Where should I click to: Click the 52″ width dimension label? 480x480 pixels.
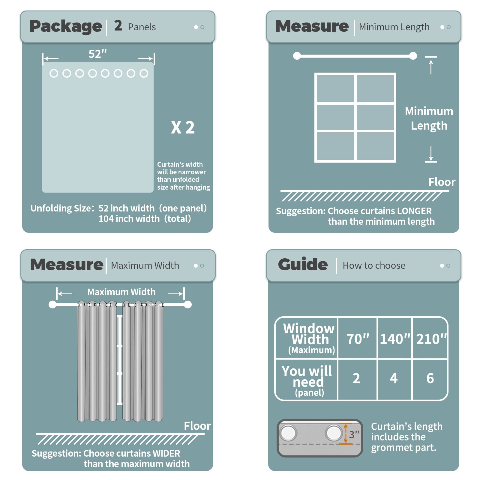pyautogui.click(x=97, y=54)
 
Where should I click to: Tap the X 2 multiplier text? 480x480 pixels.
pyautogui.click(x=183, y=127)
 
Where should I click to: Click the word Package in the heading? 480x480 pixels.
pyautogui.click(x=66, y=27)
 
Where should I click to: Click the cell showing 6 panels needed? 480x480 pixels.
pyautogui.click(x=430, y=378)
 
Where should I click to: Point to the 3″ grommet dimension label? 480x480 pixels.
pyautogui.click(x=354, y=434)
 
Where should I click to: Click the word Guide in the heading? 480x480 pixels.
pyautogui.click(x=303, y=265)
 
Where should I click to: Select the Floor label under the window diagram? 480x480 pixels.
pyautogui.click(x=442, y=182)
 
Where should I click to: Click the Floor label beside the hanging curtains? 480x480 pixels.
pyautogui.click(x=197, y=426)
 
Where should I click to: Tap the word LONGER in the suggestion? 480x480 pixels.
pyautogui.click(x=414, y=211)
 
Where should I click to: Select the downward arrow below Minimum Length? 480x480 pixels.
pyautogui.click(x=431, y=154)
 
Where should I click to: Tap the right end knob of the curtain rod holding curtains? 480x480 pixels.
pyautogui.click(x=188, y=304)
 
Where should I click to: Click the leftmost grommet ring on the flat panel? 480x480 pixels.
pyautogui.click(x=54, y=73)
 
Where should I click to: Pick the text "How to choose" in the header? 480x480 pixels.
pyautogui.click(x=374, y=265)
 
